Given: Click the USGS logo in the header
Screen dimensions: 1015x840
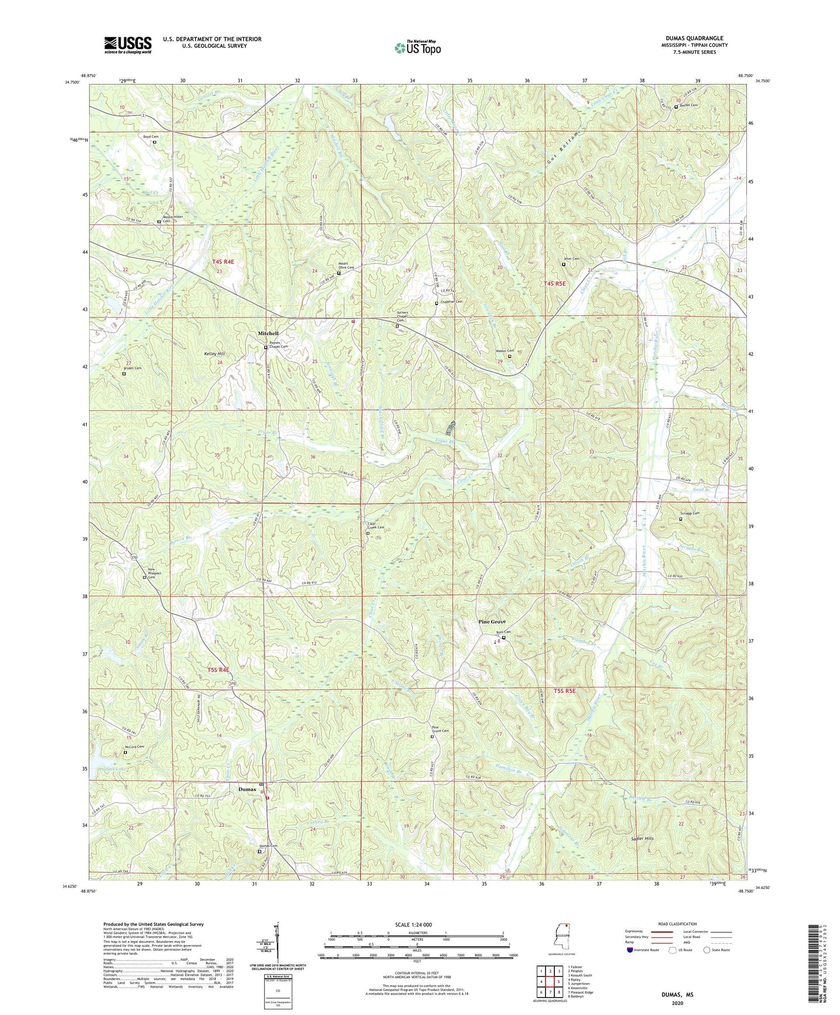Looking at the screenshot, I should coord(128,45).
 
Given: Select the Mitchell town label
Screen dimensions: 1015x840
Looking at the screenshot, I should coord(268,334).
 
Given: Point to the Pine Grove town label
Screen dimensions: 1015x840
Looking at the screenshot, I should coord(492,622).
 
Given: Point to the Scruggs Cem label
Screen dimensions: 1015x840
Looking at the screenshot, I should coord(690,513).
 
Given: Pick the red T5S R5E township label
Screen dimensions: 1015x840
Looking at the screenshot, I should coord(564,691).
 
